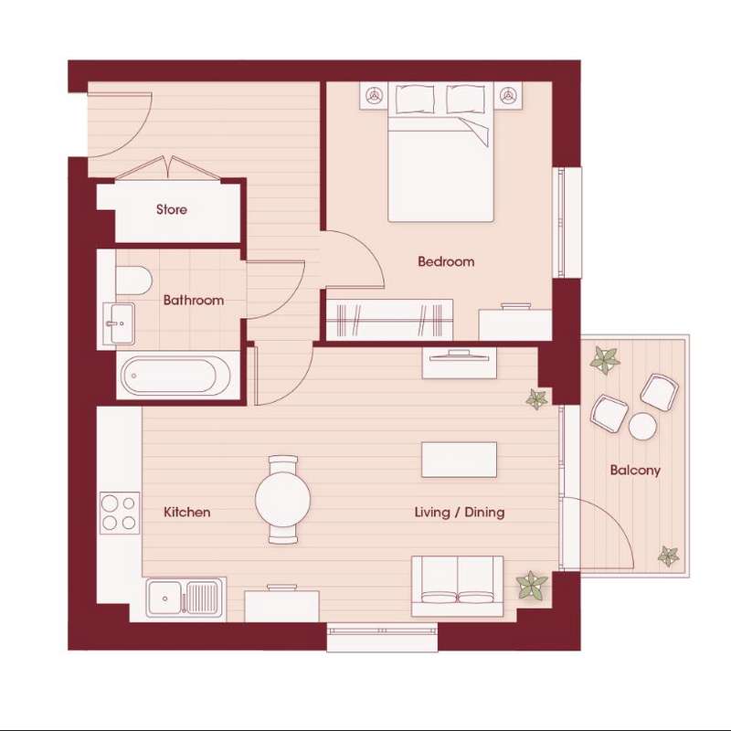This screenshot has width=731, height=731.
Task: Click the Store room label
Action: click(x=172, y=210)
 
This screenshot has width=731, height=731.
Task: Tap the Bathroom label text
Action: click(x=194, y=300)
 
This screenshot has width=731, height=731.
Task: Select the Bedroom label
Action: click(x=446, y=261)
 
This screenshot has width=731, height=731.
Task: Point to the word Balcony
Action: click(x=635, y=470)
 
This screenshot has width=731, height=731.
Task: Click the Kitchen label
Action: click(x=187, y=513)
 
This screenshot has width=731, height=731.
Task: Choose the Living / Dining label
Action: click(x=460, y=513)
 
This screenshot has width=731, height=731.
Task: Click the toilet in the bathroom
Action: click(x=133, y=281)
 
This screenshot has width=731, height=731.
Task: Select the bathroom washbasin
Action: click(x=119, y=323)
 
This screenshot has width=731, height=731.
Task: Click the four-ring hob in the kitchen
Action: click(x=120, y=513)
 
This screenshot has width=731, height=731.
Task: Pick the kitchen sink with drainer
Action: click(x=185, y=599)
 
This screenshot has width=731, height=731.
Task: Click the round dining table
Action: click(x=283, y=499)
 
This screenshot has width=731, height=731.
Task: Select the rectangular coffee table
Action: click(x=460, y=460)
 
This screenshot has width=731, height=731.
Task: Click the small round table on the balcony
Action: click(x=643, y=426)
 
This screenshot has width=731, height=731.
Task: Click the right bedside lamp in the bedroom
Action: click(x=508, y=96)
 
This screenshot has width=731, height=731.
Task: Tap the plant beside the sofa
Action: click(x=532, y=586)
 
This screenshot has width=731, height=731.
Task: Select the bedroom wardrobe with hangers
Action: click(x=390, y=319)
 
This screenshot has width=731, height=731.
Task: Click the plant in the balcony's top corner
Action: click(x=605, y=360)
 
